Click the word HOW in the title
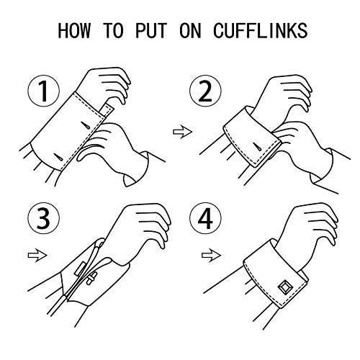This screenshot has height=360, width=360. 74,30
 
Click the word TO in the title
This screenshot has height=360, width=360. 113,30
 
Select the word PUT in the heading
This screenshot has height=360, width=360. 151,30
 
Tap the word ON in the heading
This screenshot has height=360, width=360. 190,30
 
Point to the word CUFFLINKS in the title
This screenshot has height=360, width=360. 261,30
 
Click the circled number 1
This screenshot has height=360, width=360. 43,91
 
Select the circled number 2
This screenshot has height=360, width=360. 205,91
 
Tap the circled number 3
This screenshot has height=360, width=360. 43,218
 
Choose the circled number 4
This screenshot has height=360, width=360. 205,218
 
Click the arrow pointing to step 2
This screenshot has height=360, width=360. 182,132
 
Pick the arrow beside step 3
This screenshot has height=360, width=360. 37,256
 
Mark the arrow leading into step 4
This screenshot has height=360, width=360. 211,256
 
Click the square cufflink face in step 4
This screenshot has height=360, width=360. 284,287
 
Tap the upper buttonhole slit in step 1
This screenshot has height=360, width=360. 85,125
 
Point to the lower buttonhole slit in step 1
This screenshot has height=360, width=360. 58,157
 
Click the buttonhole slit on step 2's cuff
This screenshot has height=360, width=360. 258,147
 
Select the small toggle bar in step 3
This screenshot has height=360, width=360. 91,279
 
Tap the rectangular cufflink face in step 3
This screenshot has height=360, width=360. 80,269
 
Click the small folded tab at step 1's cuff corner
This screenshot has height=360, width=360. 107,109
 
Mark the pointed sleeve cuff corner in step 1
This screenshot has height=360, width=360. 127,186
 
